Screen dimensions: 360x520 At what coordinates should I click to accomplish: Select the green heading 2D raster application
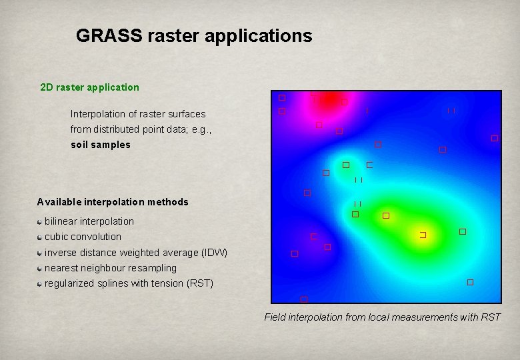pyautogui.click(x=89, y=87)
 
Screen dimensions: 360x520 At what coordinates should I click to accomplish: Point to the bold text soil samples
pyautogui.click(x=101, y=145)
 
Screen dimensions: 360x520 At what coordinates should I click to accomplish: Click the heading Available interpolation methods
pyautogui.click(x=113, y=202)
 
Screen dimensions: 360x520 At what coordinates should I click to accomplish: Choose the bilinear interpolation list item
pyautogui.click(x=89, y=221)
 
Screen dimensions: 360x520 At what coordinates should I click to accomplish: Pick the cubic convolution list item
pyautogui.click(x=83, y=237)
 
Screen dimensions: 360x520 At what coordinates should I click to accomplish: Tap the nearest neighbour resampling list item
pyautogui.click(x=110, y=268)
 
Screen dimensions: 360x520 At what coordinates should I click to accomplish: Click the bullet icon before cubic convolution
pyautogui.click(x=41, y=237)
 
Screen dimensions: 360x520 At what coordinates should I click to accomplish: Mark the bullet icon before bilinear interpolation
pyautogui.click(x=41, y=221)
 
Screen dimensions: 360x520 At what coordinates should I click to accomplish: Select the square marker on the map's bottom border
pyautogui.click(x=303, y=299)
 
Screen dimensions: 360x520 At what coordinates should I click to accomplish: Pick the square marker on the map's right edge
pyautogui.click(x=494, y=138)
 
